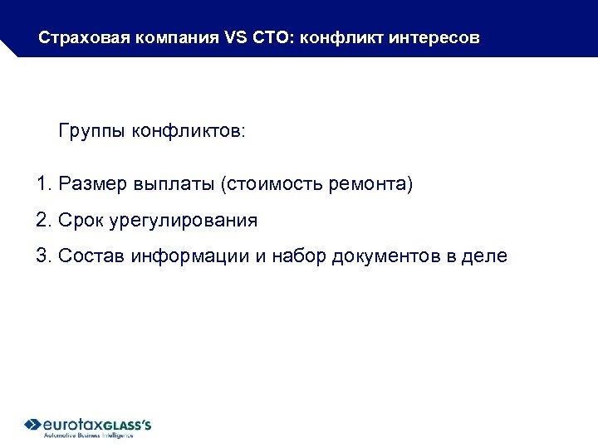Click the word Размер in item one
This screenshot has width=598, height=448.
(91, 183)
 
